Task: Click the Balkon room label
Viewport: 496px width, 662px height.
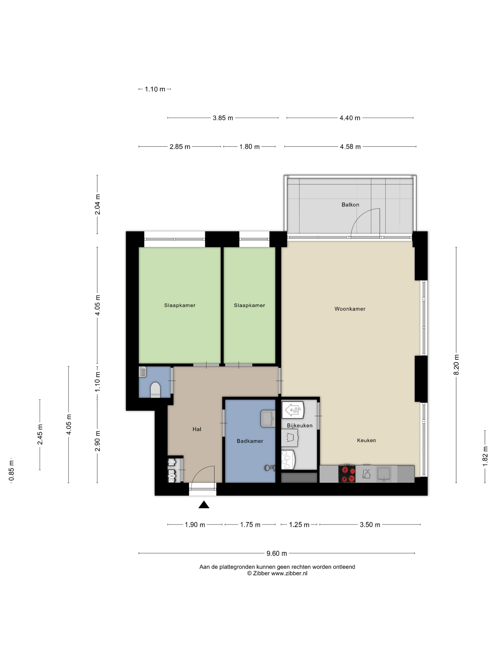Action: (x=350, y=205)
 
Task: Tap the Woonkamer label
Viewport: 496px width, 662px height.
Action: (x=350, y=309)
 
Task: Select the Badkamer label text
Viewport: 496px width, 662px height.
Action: (x=250, y=441)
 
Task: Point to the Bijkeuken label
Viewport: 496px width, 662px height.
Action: (x=299, y=426)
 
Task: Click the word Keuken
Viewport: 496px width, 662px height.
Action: (x=366, y=440)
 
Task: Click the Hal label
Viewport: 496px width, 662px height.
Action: (x=197, y=429)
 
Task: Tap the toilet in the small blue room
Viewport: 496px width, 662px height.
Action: (x=155, y=390)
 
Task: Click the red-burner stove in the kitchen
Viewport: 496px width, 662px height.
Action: (x=347, y=474)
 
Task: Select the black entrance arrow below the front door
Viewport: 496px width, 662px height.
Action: (x=204, y=505)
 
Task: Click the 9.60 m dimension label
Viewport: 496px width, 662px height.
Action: (x=277, y=553)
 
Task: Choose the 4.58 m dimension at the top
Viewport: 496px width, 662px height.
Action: (x=350, y=147)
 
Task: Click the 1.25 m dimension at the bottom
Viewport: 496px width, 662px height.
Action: (x=299, y=525)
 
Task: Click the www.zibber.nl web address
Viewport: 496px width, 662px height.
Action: (x=289, y=573)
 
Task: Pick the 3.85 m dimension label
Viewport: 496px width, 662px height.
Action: (x=223, y=118)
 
